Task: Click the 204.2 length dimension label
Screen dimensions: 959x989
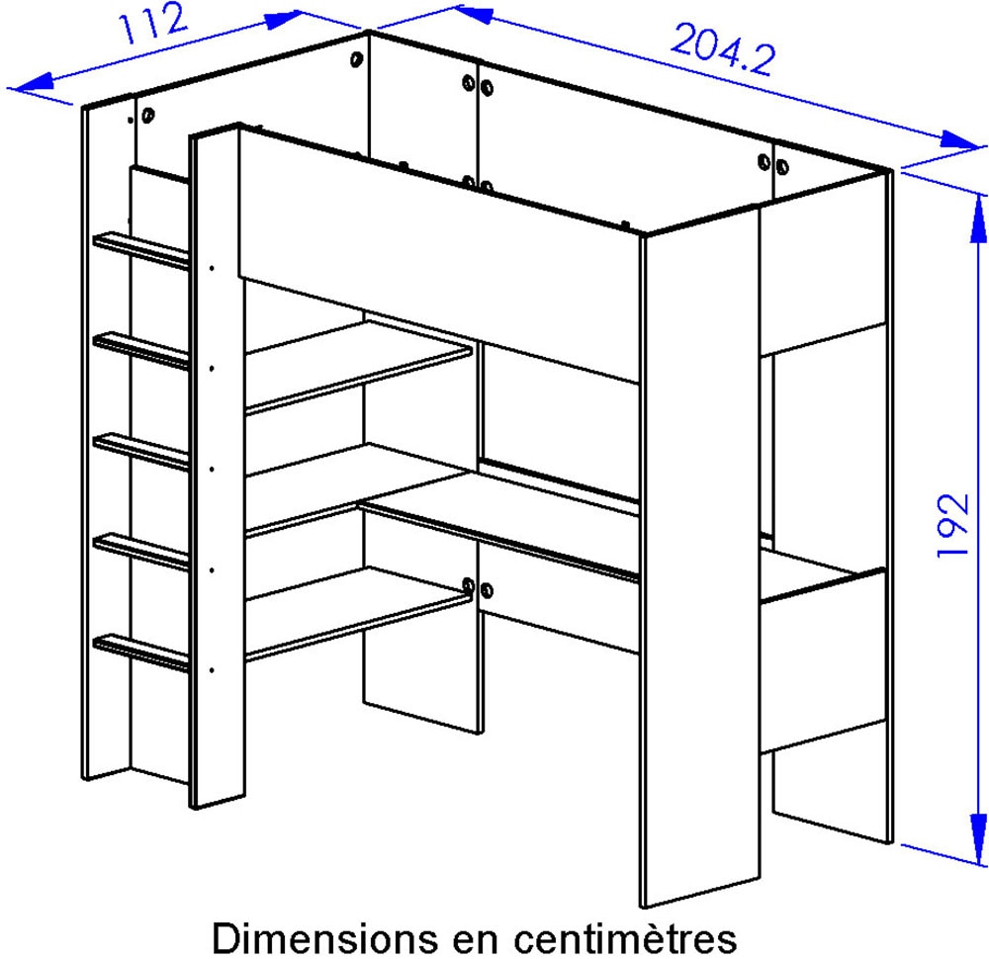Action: [x=723, y=50]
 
